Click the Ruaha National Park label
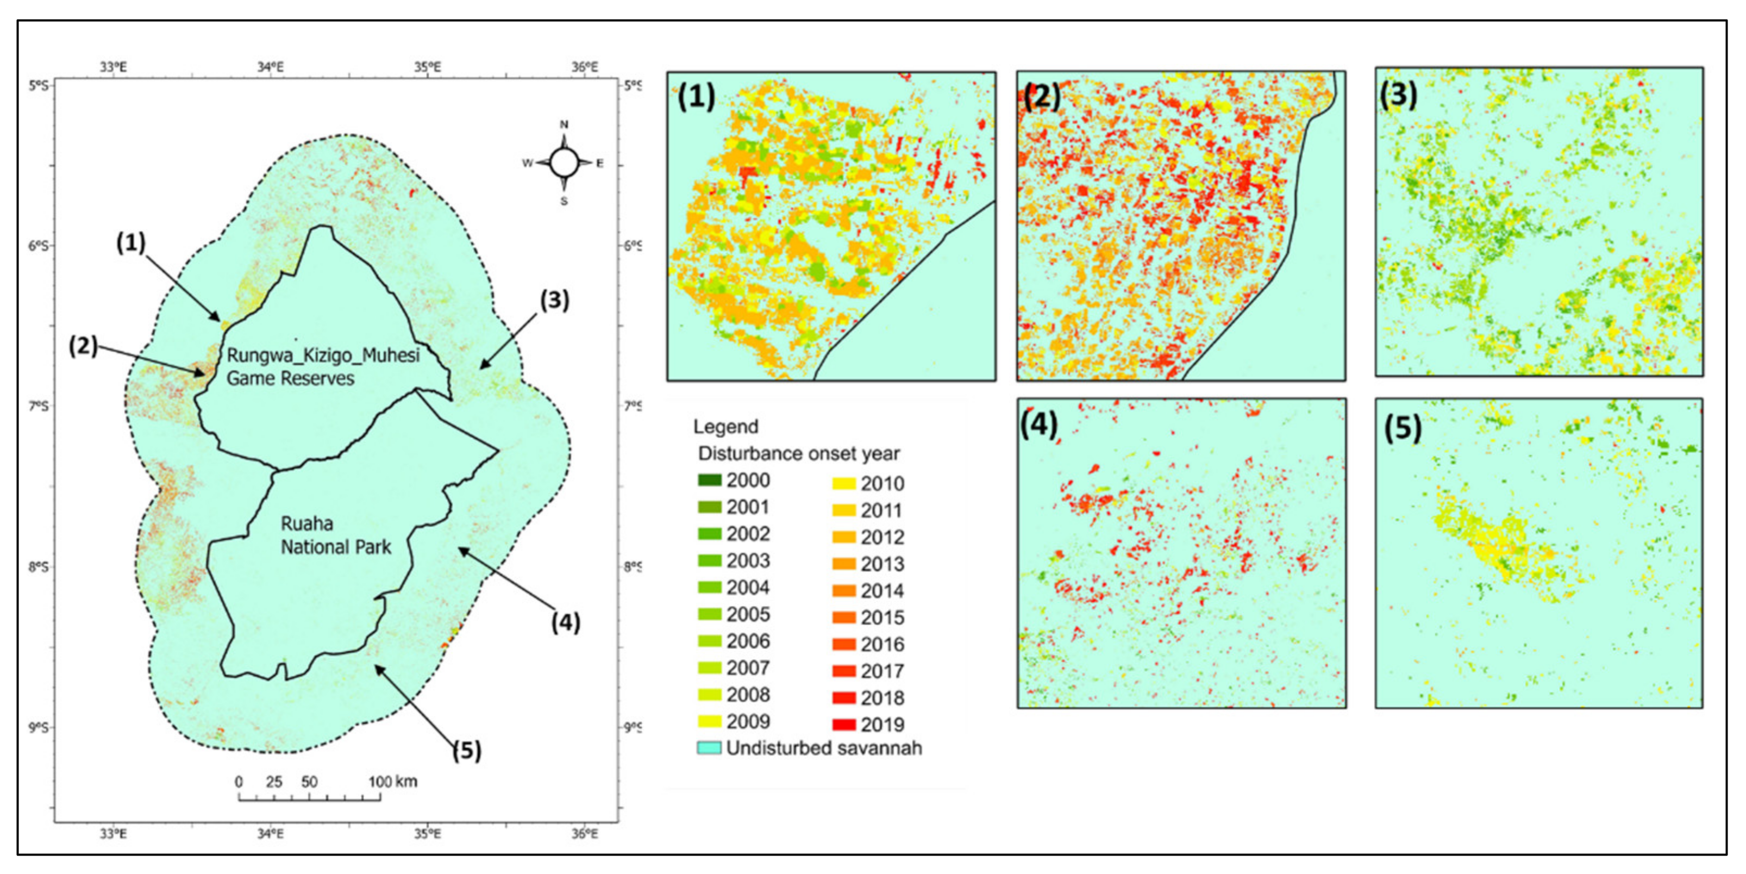[335, 535]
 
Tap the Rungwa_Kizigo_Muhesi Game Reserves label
[323, 366]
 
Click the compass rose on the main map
[564, 163]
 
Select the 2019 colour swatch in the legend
[844, 724]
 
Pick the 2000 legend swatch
[710, 480]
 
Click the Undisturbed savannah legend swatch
[710, 748]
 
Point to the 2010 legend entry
[869, 483]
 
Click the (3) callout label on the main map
[554, 299]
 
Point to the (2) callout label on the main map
[83, 346]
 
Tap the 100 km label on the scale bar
[393, 781]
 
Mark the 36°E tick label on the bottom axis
[584, 833]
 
